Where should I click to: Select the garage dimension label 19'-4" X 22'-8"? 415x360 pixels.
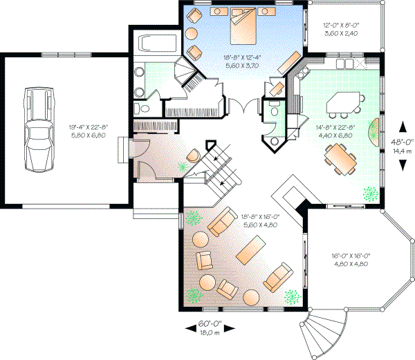pos(87,131)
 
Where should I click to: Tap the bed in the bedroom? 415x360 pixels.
pos(241,26)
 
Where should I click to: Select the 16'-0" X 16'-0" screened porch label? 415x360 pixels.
pos(351,259)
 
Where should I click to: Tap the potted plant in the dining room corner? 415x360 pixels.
pos(371,192)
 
